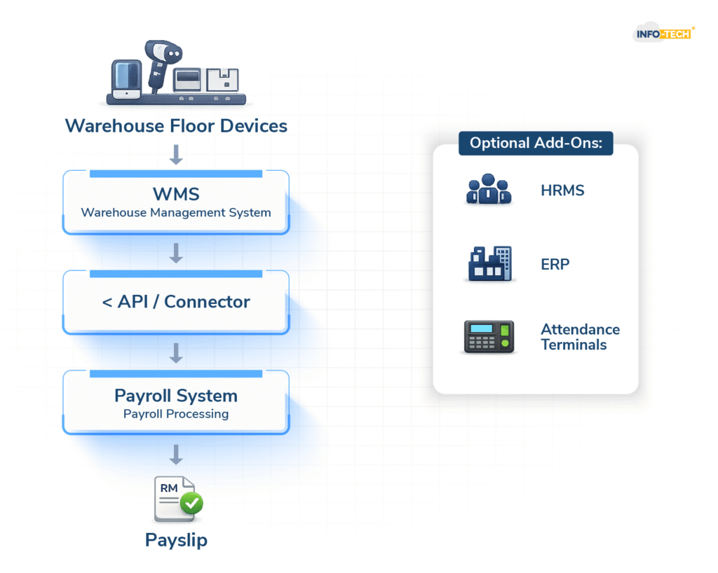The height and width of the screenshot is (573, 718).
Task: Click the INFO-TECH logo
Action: click(x=663, y=33)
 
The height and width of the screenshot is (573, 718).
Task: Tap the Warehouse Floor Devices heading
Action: click(x=176, y=126)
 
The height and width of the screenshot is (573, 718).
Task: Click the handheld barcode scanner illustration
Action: click(x=160, y=63)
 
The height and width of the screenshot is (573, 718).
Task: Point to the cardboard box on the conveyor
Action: click(x=223, y=80)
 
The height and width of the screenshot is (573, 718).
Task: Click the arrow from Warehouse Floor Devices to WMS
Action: click(x=176, y=154)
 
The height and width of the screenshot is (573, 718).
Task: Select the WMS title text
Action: click(x=176, y=193)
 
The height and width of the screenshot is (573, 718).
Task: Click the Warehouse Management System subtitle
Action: click(x=176, y=212)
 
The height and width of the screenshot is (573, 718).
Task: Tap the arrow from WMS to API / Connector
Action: click(x=176, y=253)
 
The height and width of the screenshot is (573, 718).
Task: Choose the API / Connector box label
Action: click(x=176, y=302)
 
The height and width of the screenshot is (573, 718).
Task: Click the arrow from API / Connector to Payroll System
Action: click(x=176, y=353)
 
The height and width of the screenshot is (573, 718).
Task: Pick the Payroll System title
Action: click(x=176, y=395)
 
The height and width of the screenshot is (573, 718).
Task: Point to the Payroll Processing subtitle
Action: click(x=176, y=414)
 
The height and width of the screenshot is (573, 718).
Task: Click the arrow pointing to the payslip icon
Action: click(x=176, y=455)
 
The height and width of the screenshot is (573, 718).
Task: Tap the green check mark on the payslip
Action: click(x=191, y=503)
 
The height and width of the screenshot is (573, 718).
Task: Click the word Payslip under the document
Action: click(x=176, y=540)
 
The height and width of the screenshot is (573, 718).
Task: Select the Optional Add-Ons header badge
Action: click(x=536, y=143)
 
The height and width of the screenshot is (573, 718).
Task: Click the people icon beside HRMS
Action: click(x=489, y=190)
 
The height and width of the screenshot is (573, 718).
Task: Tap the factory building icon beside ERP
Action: click(x=489, y=265)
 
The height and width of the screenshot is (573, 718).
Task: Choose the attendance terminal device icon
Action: click(x=489, y=337)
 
